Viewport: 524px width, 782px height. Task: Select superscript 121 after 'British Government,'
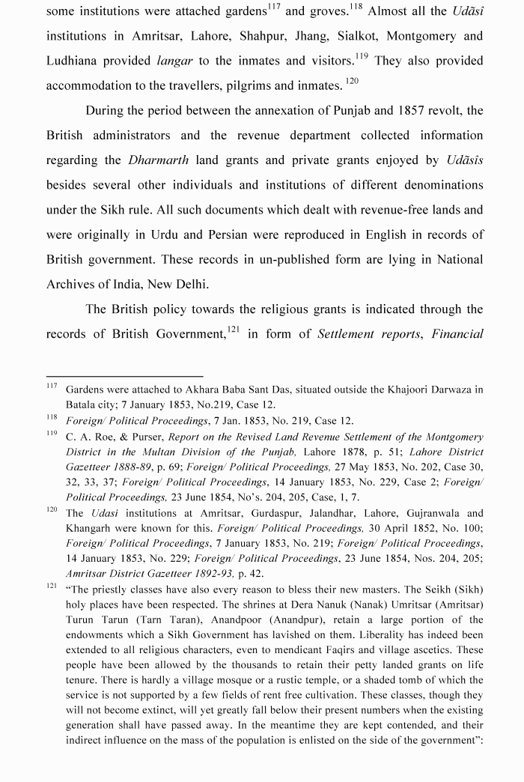234,330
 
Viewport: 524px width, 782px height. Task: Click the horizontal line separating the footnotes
124,376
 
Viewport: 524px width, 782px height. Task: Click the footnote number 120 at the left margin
52,510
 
